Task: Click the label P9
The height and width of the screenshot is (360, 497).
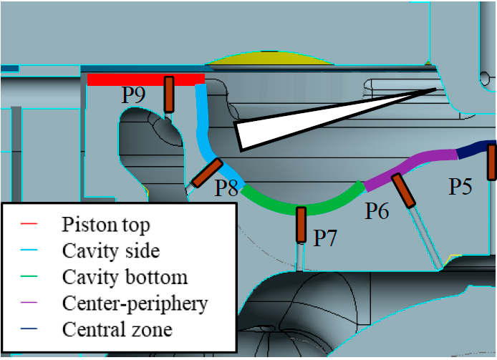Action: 135,96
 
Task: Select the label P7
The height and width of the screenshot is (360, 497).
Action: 326,238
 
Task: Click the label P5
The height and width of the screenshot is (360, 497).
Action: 460,188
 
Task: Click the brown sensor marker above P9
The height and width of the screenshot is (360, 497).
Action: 169,94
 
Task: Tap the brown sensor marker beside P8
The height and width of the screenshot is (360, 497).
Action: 206,173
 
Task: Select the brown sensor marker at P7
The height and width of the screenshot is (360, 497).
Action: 301,225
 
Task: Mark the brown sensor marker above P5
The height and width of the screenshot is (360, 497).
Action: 492,162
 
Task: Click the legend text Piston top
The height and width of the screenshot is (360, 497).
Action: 106,225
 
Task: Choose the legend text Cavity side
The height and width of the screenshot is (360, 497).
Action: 110,251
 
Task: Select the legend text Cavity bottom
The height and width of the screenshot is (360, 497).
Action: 125,277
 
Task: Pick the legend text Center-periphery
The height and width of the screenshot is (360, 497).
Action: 135,303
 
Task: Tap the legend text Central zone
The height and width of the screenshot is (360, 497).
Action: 117,330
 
